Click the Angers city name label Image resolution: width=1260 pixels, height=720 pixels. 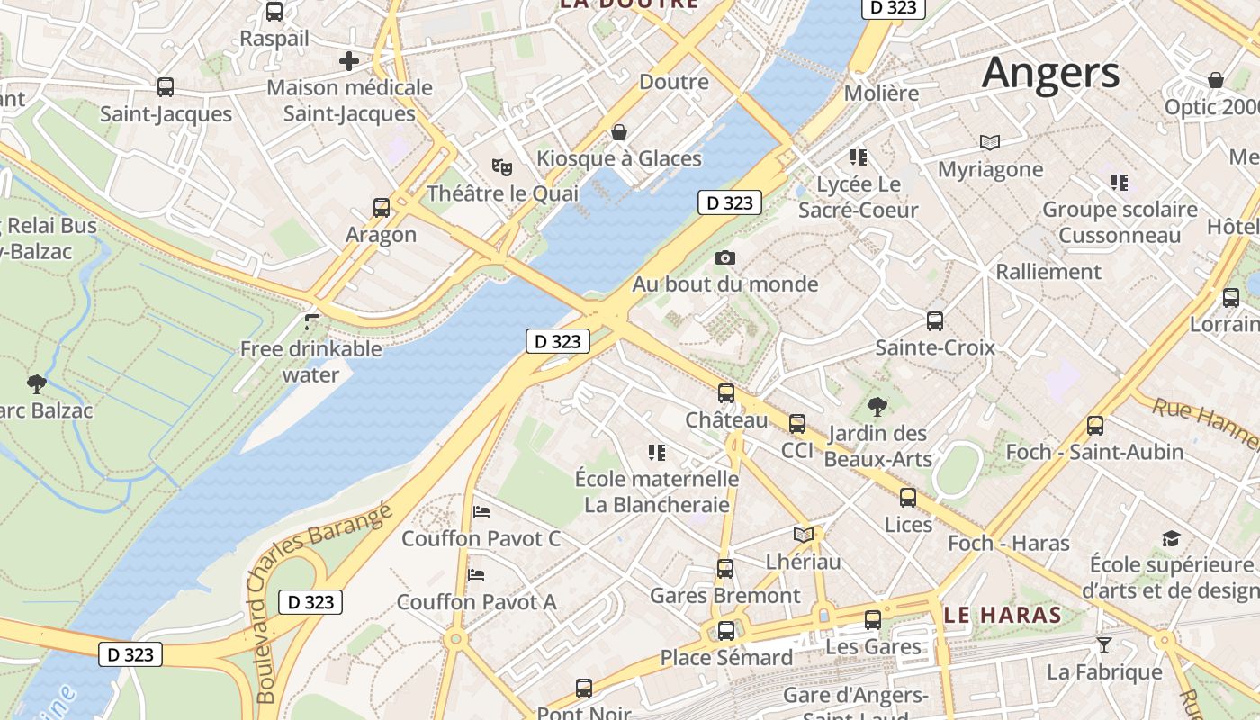click(1050, 72)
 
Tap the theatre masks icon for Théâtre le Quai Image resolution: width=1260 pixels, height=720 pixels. click(501, 166)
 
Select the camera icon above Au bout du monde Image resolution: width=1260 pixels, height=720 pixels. click(724, 258)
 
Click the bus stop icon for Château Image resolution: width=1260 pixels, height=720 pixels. click(726, 393)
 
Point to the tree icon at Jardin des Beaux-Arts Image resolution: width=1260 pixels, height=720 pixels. click(877, 407)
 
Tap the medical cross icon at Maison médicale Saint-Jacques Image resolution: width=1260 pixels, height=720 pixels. click(349, 61)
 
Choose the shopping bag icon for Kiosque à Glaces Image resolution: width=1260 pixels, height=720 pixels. click(619, 132)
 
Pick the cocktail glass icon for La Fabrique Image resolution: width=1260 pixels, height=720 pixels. click(1103, 644)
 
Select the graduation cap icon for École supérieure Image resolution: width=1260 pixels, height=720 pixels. click(1171, 538)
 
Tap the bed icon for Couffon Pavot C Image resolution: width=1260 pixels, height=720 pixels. click(481, 512)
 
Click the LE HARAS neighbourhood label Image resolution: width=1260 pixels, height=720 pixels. click(1003, 616)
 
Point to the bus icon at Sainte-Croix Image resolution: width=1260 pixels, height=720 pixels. click(935, 320)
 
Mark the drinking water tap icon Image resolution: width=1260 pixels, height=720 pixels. click(311, 322)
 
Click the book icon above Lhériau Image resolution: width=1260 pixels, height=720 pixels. click(803, 535)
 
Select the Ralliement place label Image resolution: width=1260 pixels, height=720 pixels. click(1048, 271)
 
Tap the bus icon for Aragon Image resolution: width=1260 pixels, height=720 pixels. click(382, 208)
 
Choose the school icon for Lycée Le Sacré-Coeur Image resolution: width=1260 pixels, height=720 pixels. click(858, 157)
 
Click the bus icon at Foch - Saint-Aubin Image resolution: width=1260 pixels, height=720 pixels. click(1095, 426)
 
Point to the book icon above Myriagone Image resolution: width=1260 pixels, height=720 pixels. click(990, 142)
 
